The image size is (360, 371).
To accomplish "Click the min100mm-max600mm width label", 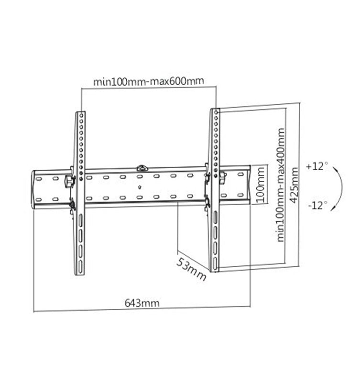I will [148, 81].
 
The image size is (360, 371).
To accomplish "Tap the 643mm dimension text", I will [142, 303].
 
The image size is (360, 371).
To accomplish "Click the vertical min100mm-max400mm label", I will [281, 185].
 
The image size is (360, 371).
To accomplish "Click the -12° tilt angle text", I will [317, 205].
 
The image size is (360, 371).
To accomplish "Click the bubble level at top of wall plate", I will [142, 168].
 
